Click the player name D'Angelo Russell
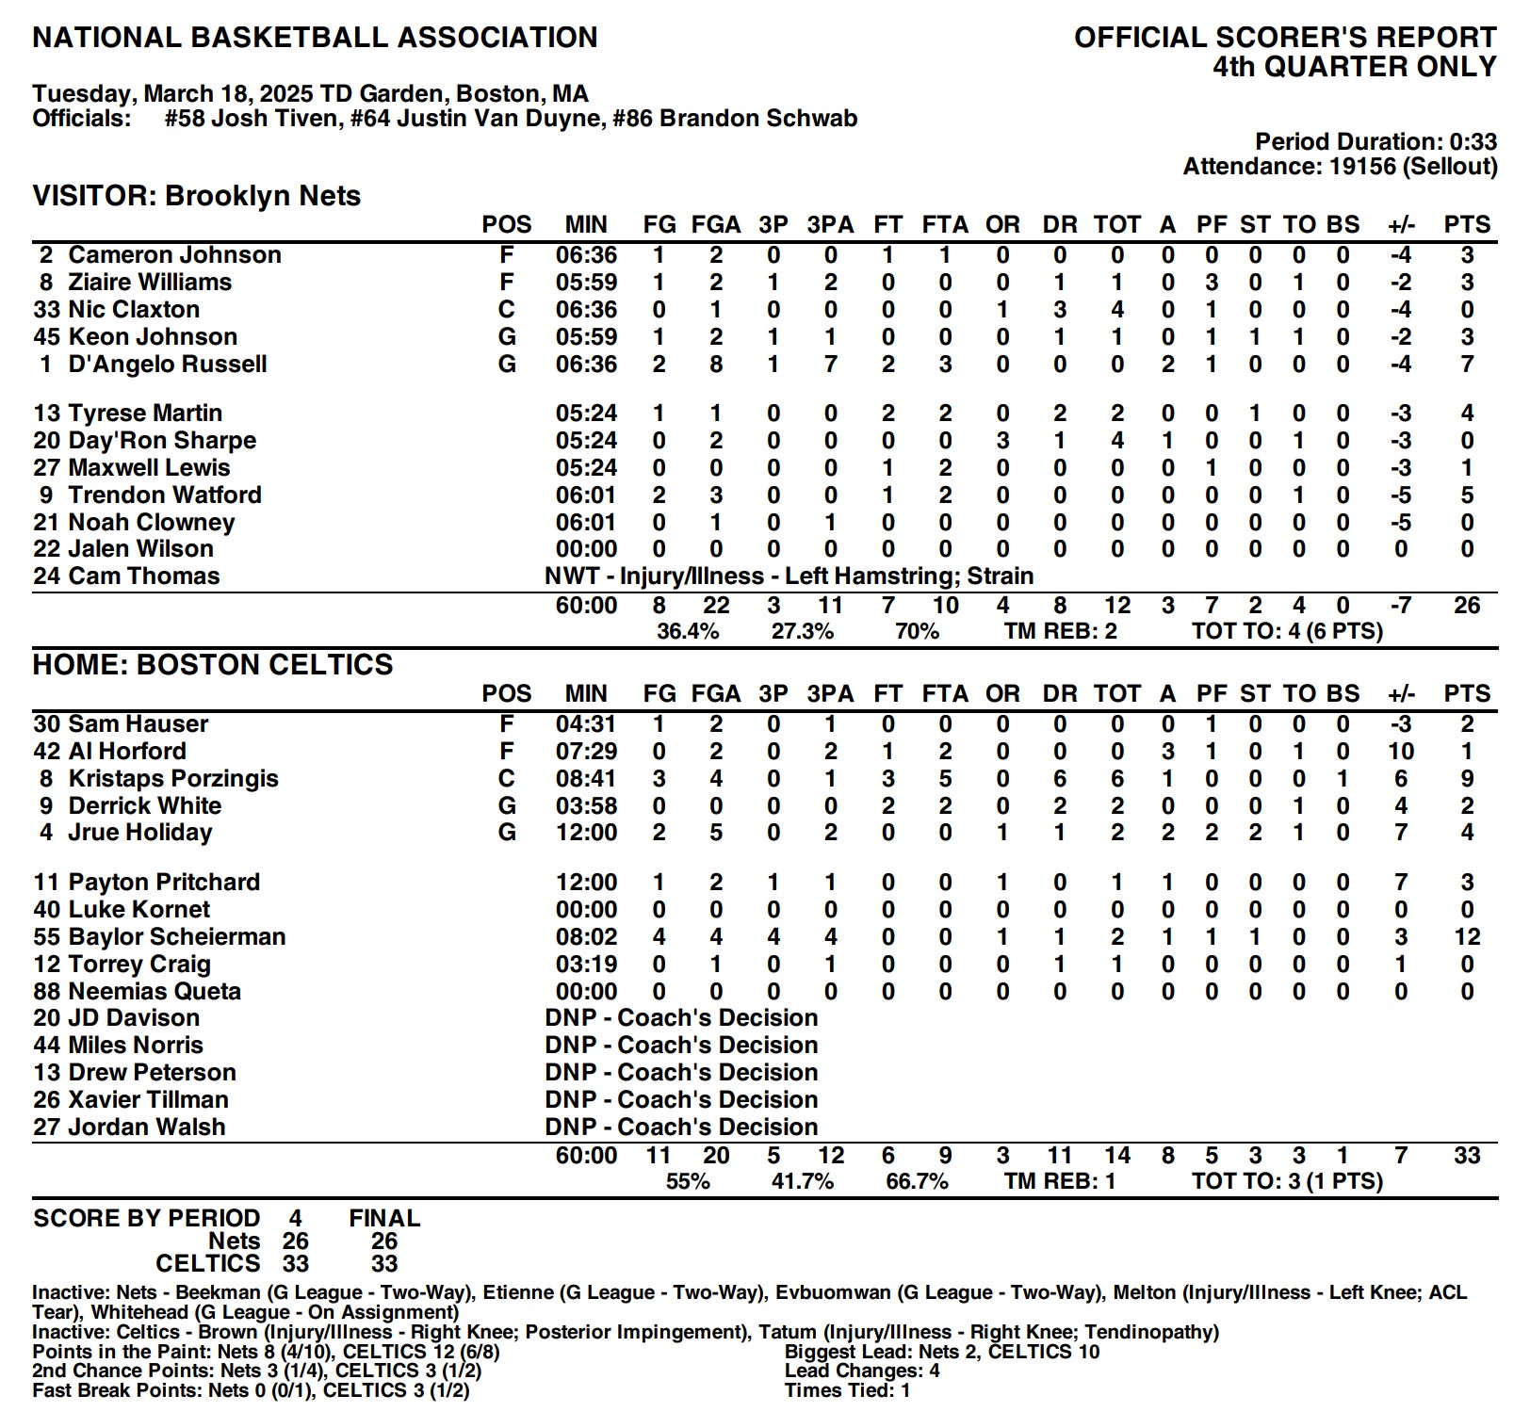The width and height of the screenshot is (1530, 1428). point(167,365)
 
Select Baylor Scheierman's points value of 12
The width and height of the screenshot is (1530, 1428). point(1466,937)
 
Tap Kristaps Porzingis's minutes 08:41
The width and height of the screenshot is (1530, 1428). point(586,779)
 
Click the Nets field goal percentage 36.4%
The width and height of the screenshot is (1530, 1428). point(688,631)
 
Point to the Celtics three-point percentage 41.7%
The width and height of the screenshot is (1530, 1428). point(802,1181)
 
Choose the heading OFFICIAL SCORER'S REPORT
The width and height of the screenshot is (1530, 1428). point(1285,38)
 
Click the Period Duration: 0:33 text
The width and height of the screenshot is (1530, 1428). point(1375,142)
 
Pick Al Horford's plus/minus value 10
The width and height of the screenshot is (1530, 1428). point(1400,752)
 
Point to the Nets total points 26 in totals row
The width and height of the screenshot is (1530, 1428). point(1466,606)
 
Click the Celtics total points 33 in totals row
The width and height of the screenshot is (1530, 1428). point(1466,1156)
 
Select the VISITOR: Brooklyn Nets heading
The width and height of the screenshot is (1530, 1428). point(197,196)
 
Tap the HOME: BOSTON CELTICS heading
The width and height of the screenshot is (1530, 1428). point(213,665)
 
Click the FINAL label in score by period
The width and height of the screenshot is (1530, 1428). point(384,1218)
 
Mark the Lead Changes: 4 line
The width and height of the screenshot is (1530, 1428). point(862,1371)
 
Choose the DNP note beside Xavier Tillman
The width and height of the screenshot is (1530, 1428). point(681,1100)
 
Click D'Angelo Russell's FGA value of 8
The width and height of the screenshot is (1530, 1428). point(716,365)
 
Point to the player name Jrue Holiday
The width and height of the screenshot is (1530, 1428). point(139,833)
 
